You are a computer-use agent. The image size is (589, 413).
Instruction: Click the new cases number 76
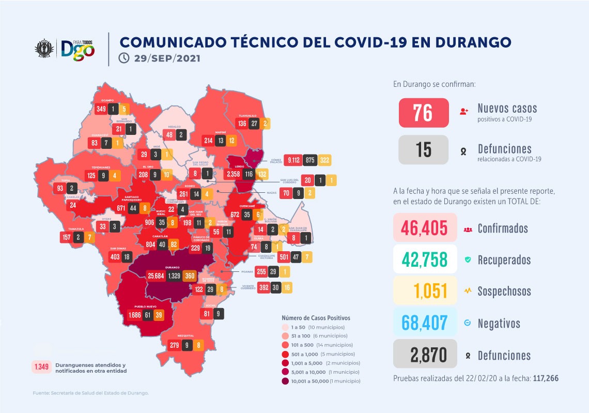pos(423,112)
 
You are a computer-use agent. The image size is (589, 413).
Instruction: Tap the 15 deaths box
pos(423,150)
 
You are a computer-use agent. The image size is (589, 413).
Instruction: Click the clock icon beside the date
pos(124,58)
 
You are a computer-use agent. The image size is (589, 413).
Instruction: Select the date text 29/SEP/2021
pos(166,58)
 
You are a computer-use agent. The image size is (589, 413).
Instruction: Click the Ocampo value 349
pos(101,109)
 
